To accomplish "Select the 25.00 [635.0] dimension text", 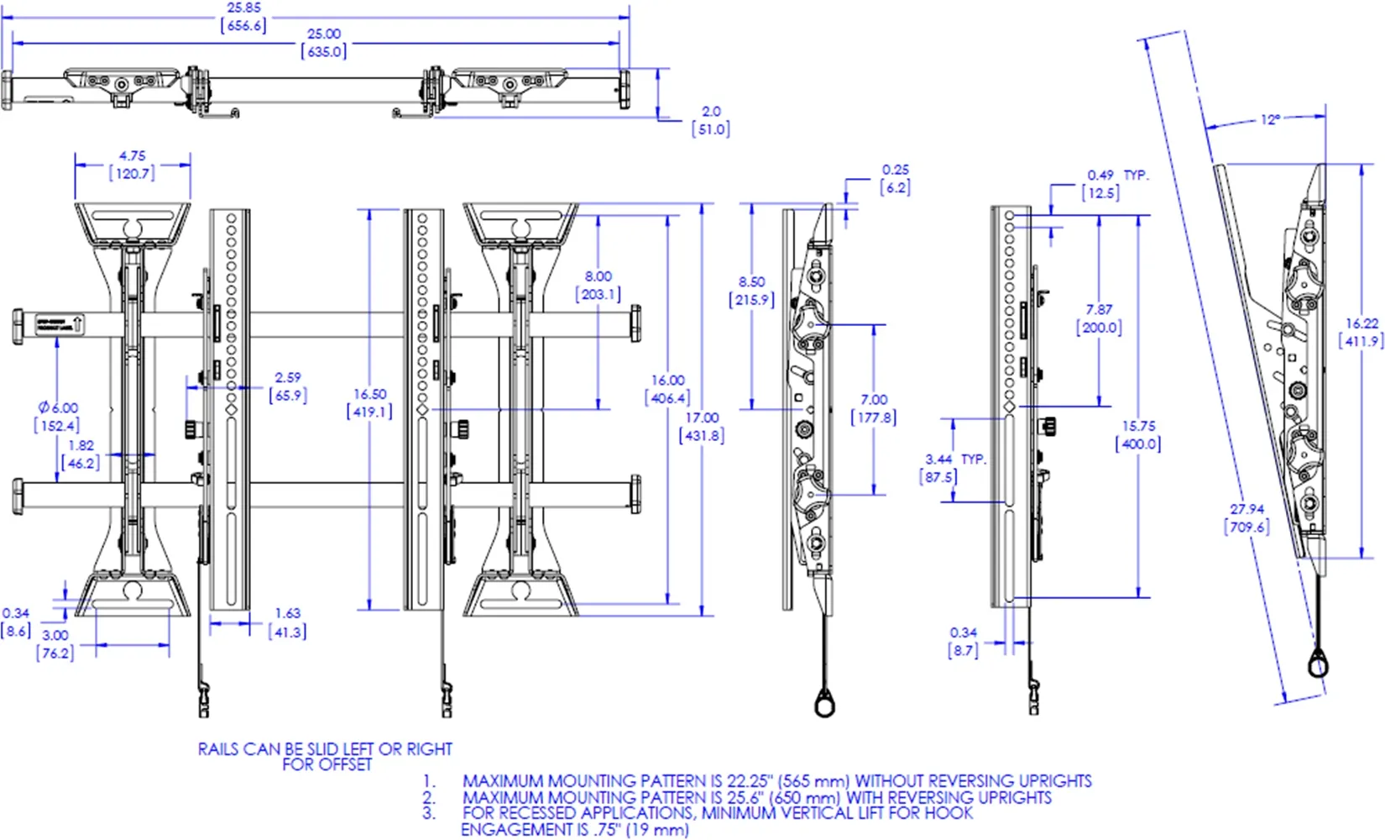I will pyautogui.click(x=324, y=43).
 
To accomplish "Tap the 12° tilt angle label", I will pyautogui.click(x=1270, y=120).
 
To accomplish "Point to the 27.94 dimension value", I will pyautogui.click(x=1246, y=518).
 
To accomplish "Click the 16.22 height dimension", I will pyautogui.click(x=1361, y=333).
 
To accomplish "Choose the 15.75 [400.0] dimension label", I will pyautogui.click(x=1138, y=435).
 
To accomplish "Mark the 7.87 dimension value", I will pyautogui.click(x=1099, y=318).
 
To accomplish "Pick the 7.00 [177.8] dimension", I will pyautogui.click(x=874, y=408).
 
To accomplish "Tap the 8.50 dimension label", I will pyautogui.click(x=751, y=291).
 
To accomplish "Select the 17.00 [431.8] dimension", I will pyautogui.click(x=702, y=427).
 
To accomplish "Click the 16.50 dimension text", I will pyautogui.click(x=369, y=402).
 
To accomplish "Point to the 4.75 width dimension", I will pyautogui.click(x=132, y=165).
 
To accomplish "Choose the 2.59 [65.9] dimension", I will pyautogui.click(x=287, y=386).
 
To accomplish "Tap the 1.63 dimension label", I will pyautogui.click(x=287, y=622).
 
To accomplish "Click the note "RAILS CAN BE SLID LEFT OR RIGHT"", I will pyautogui.click(x=325, y=748).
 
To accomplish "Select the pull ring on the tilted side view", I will pyautogui.click(x=1319, y=666).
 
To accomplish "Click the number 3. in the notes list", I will pyautogui.click(x=429, y=813).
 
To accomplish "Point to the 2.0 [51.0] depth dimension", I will pyautogui.click(x=711, y=120).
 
